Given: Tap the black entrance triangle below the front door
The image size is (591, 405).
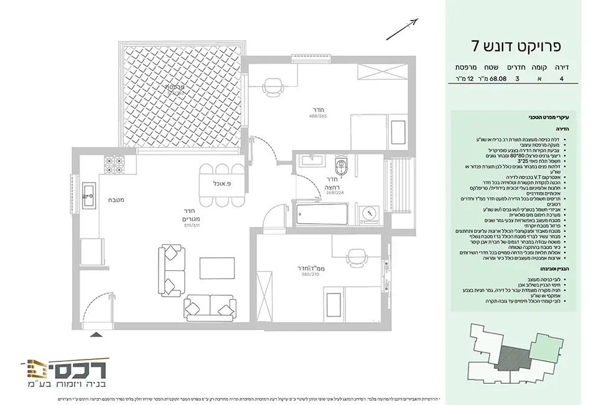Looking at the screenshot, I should point(96,335).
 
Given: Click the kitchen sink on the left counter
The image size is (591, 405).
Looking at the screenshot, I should point(88,196).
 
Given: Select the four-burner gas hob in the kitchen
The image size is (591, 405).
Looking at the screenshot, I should point(113,165).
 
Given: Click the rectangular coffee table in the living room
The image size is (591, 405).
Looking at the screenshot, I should point(217,268).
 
